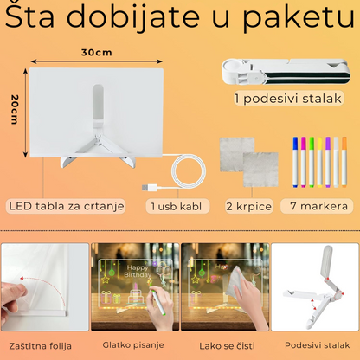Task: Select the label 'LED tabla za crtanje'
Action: [67, 206]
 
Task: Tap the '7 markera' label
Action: [320, 206]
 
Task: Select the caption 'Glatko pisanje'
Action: [133, 344]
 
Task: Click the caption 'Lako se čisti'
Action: [223, 344]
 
